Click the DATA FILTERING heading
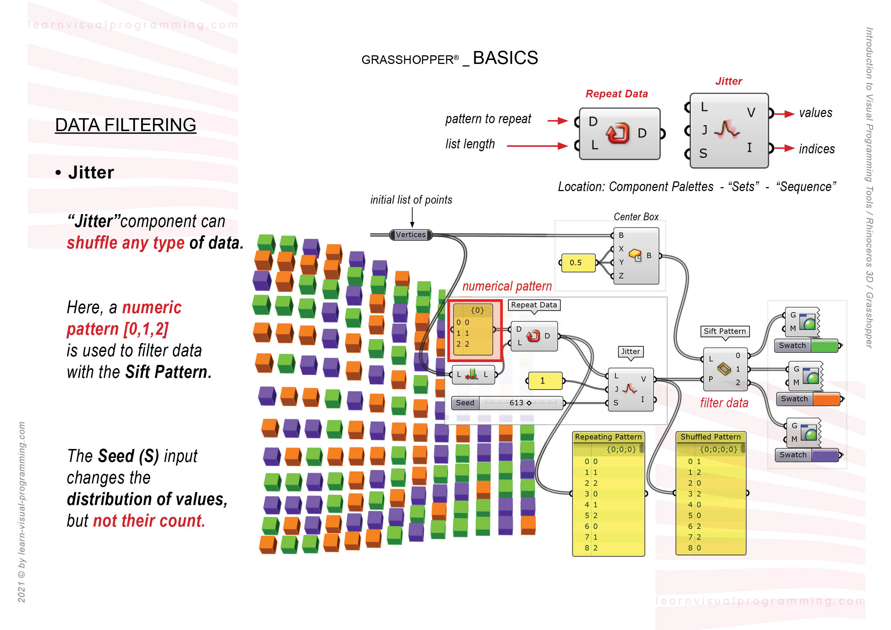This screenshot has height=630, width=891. pos(125,125)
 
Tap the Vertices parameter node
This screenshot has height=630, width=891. pos(411,235)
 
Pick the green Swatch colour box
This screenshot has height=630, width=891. pos(824,345)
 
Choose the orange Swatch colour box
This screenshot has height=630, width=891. pos(826,399)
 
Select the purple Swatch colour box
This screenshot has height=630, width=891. pos(825,455)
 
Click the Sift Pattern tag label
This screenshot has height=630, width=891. pos(725,331)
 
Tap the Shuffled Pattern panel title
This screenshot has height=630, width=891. pos(710,437)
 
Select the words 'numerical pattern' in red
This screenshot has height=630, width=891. pos(507,286)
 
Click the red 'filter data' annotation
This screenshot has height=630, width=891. pos(724,403)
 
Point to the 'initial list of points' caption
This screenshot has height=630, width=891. pos(411,200)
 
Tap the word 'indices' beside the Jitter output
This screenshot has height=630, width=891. pos(817,149)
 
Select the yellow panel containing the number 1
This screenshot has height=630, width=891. pos(544,381)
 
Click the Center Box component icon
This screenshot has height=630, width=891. pos(635,255)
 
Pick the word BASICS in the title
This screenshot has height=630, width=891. pos(505,58)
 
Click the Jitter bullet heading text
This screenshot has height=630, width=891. pos(91,172)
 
